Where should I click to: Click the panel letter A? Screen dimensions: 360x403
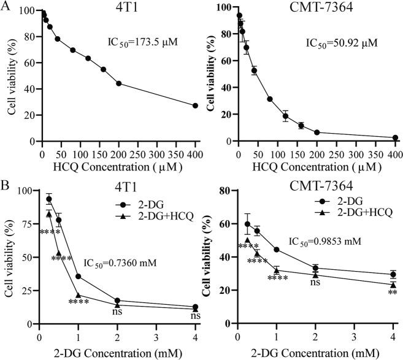pos(6,7)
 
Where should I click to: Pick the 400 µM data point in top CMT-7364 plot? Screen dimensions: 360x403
pos(395,138)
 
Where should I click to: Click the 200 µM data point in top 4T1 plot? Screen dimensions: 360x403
pos(118,83)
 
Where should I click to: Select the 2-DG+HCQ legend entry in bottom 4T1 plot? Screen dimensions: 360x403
pos(148,220)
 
